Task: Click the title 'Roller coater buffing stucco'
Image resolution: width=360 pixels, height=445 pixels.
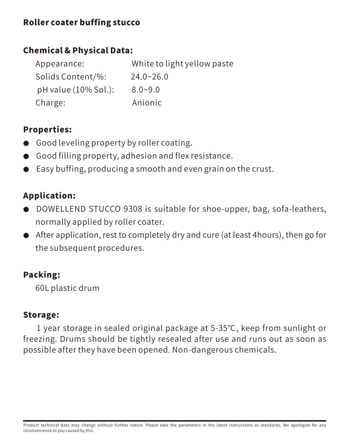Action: [81, 22]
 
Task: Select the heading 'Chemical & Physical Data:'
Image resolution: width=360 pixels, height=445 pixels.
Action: [78, 50]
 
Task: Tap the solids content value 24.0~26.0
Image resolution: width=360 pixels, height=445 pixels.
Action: [149, 77]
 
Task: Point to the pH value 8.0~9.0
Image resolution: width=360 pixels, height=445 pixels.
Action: [146, 89]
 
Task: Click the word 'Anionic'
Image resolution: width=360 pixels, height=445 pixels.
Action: [147, 103]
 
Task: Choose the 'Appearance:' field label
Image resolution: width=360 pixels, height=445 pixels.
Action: [60, 64]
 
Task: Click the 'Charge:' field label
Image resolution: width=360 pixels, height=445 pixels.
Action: [50, 103]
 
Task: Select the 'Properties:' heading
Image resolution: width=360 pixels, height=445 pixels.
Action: [47, 130]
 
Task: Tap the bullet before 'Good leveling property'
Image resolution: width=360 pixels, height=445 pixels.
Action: [26, 143]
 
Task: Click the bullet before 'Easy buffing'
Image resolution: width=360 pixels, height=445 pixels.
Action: [26, 169]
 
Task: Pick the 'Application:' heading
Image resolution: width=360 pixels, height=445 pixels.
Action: [49, 196]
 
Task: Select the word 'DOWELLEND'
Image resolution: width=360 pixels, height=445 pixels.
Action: [61, 209]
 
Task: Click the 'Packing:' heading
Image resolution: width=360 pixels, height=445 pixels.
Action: [42, 275]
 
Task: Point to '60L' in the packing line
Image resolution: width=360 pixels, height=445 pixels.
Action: [42, 288]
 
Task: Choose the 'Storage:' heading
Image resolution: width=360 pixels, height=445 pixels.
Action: [41, 315]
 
